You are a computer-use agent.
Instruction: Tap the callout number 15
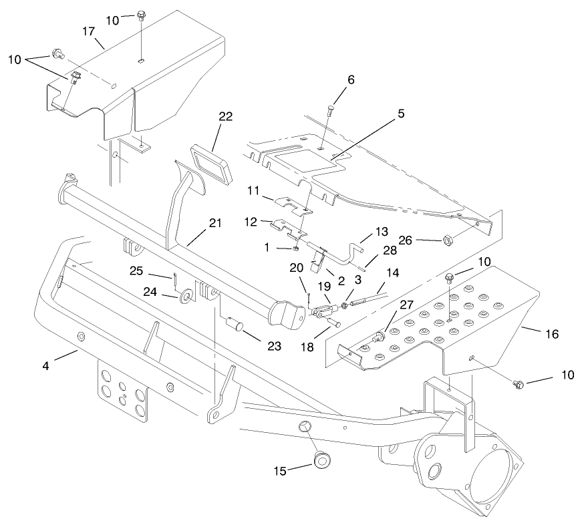pyautogui.click(x=279, y=471)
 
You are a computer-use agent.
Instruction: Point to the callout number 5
pyautogui.click(x=401, y=114)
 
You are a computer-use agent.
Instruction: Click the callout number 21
pyautogui.click(x=214, y=223)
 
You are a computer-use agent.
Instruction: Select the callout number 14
pyautogui.click(x=393, y=273)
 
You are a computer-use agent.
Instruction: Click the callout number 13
pyautogui.click(x=362, y=230)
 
